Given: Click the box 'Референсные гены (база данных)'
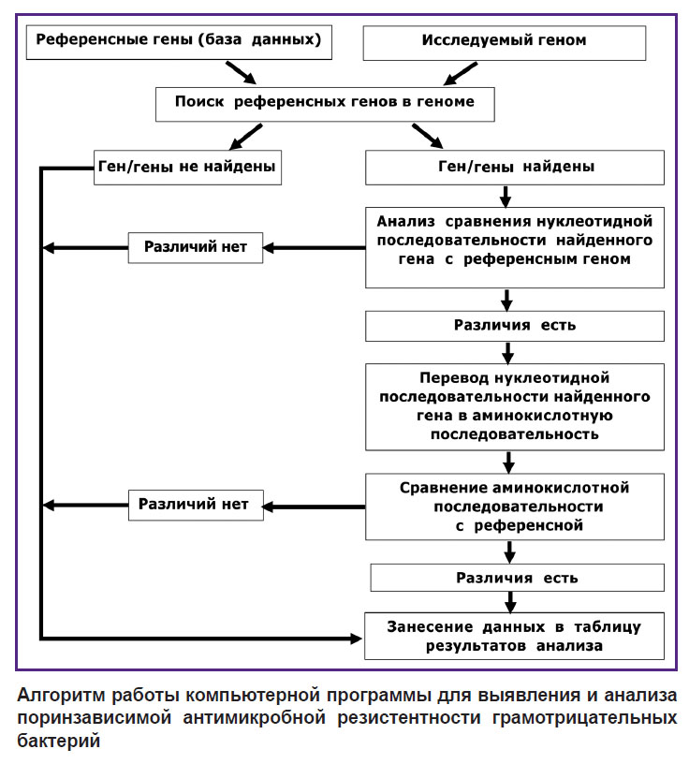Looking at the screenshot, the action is tap(179, 43).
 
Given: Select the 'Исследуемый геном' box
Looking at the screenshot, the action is tap(505, 43).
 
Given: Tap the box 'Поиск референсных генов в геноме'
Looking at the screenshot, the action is tap(325, 104).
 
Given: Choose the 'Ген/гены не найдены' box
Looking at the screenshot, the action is tap(187, 167).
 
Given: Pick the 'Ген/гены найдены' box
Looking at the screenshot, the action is tap(515, 167).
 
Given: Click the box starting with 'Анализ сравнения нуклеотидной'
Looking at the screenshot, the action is tap(515, 247).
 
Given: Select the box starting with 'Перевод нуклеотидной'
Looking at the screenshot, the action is tap(515, 406).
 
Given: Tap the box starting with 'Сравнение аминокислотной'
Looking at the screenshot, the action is tap(515, 507).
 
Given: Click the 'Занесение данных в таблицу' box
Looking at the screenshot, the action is tap(515, 636).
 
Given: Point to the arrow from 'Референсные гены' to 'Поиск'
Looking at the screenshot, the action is tap(241, 73).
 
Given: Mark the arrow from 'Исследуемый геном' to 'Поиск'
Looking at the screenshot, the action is tap(460, 74).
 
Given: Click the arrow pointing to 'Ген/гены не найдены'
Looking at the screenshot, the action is tap(245, 137).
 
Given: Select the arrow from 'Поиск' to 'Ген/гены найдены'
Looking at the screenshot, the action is tap(427, 136).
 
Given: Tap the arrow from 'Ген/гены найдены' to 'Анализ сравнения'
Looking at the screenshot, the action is tap(506, 197).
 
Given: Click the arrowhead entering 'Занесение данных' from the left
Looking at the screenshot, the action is tap(356, 639).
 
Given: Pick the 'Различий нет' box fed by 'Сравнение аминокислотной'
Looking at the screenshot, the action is tap(196, 506).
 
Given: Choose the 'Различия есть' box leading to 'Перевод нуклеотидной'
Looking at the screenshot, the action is tap(515, 326).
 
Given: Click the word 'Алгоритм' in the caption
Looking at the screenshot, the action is tap(61, 695).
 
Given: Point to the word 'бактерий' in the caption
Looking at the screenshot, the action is tap(58, 741).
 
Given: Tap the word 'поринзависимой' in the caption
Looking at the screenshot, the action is tap(95, 718).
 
